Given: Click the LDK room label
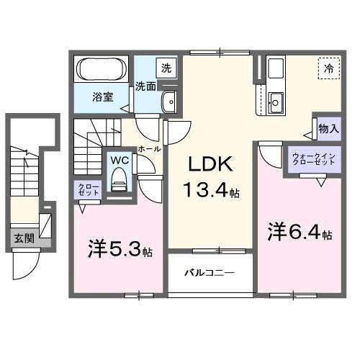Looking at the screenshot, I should coord(210,165).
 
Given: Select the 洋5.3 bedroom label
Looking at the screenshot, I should coord(120,250).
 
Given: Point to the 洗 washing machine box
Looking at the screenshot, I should coord(166,69).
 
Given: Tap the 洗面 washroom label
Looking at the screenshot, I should coord(146,86).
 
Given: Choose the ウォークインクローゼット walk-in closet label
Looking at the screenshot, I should coord(312,159).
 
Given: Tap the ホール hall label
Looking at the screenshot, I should coord(148,148).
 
